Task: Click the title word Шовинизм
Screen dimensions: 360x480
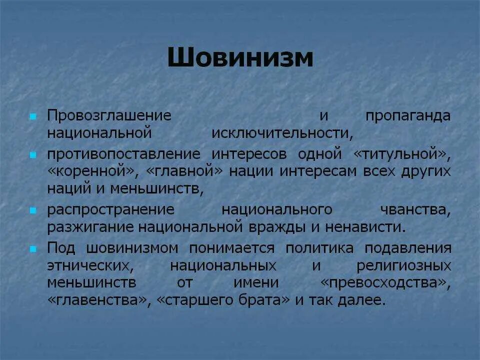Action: [240, 58]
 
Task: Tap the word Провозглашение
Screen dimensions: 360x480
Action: [109, 115]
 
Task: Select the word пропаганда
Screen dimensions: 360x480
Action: [408, 115]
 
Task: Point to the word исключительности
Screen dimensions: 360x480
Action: [282, 133]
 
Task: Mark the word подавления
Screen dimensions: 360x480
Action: [408, 248]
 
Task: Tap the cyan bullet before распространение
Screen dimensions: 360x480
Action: [33, 209]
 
